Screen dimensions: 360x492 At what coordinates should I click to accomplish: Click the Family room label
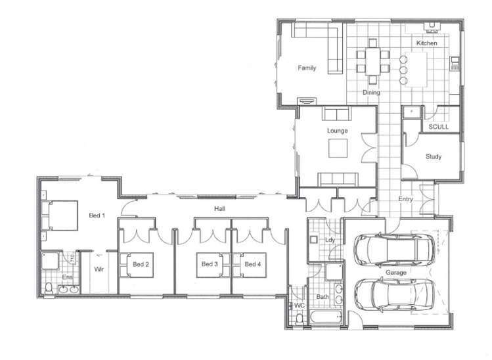click(307, 68)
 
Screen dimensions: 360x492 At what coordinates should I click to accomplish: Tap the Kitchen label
click(426, 43)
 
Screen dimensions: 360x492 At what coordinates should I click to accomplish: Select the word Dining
click(371, 93)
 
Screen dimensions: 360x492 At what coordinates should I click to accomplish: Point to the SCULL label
click(438, 126)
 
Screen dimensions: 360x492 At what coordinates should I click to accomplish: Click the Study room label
click(433, 156)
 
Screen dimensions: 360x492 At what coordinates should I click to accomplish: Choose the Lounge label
click(338, 131)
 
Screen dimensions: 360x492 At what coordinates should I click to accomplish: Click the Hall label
click(219, 208)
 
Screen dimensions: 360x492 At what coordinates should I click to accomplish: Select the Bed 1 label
click(97, 216)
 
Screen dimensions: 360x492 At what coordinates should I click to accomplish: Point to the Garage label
click(395, 271)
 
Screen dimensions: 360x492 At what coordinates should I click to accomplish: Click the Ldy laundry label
click(330, 240)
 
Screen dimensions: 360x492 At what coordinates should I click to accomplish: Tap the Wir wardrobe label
click(100, 269)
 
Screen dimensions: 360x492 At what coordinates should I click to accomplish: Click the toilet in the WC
click(300, 319)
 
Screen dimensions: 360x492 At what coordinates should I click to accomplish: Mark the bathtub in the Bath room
click(324, 319)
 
